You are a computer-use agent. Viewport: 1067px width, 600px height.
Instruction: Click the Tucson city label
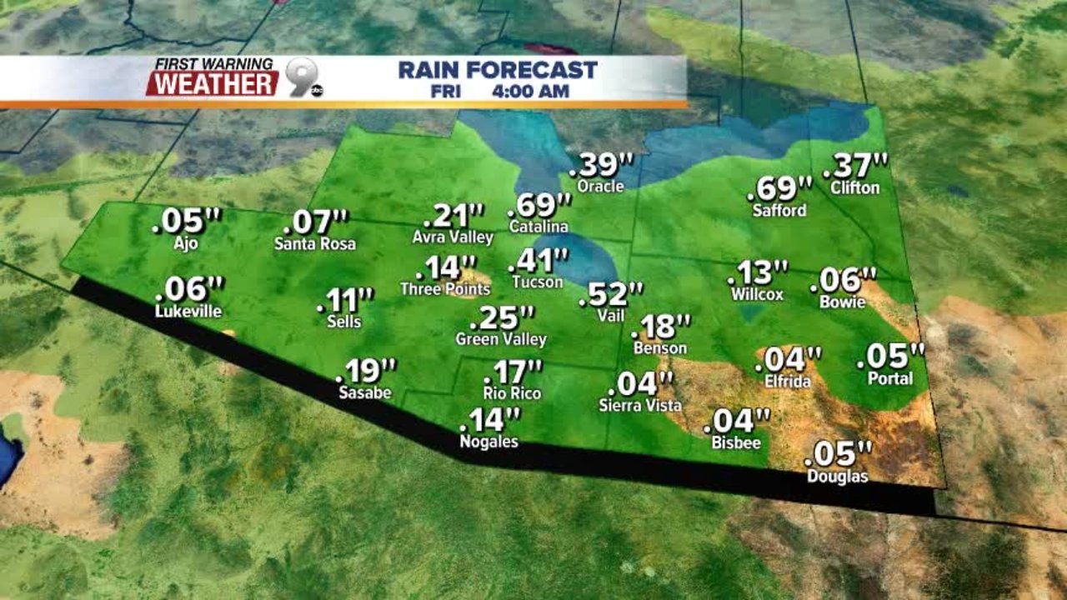pos(536,282)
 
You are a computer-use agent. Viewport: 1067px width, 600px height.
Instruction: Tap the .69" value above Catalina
pos(540,204)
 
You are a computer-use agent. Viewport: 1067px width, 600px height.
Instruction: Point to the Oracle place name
pos(600,186)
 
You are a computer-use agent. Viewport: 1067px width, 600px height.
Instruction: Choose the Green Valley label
pos(501,339)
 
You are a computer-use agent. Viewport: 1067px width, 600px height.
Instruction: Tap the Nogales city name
pos(489,442)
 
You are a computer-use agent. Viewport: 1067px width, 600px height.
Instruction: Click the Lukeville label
pos(188,312)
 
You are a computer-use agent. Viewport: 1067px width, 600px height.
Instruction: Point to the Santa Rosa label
pos(315,244)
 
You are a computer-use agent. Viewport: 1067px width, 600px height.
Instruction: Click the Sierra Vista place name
pos(640,406)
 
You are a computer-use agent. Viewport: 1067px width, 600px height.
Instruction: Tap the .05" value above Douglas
pos(839,454)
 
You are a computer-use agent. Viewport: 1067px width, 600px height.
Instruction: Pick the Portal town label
pos(890,378)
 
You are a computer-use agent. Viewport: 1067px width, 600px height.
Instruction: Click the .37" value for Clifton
pos(855,166)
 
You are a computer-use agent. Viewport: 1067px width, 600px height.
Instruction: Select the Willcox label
pos(757,294)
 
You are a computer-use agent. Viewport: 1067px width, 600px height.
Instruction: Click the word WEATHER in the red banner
pos(213,83)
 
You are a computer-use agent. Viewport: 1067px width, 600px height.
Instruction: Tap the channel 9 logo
pos(303,77)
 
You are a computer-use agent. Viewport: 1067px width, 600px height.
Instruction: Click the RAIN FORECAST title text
pos(498,70)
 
